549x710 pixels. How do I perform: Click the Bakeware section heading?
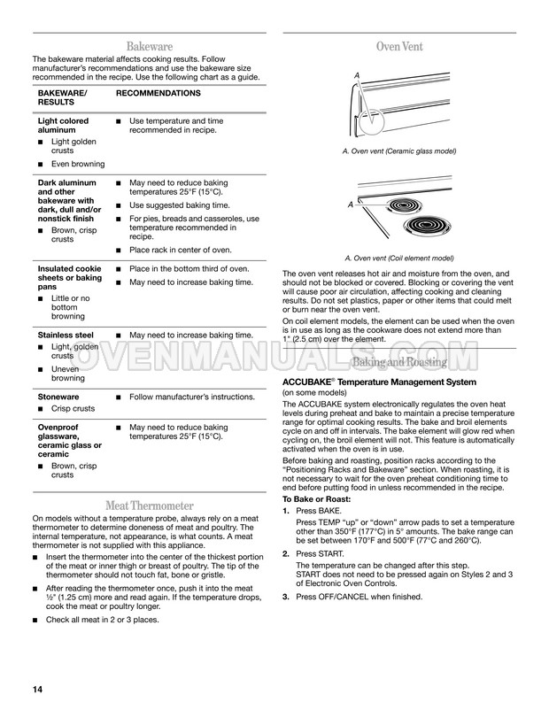149,46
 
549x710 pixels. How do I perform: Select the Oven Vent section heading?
398,46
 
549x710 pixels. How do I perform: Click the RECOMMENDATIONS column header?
159,92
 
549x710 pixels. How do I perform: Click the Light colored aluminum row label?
63,124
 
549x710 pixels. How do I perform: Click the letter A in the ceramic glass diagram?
357,75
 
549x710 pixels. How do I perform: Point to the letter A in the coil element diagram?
351,205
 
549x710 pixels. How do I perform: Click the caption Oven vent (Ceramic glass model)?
398,152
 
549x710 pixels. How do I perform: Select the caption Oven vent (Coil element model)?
398,258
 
